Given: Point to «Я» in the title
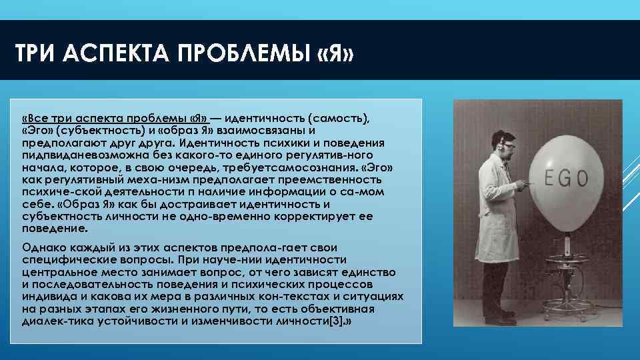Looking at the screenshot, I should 333,53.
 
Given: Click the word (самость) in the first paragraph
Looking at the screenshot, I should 335,118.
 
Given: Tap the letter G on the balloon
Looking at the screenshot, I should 567,178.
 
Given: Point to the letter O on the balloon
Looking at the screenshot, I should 582,178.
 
